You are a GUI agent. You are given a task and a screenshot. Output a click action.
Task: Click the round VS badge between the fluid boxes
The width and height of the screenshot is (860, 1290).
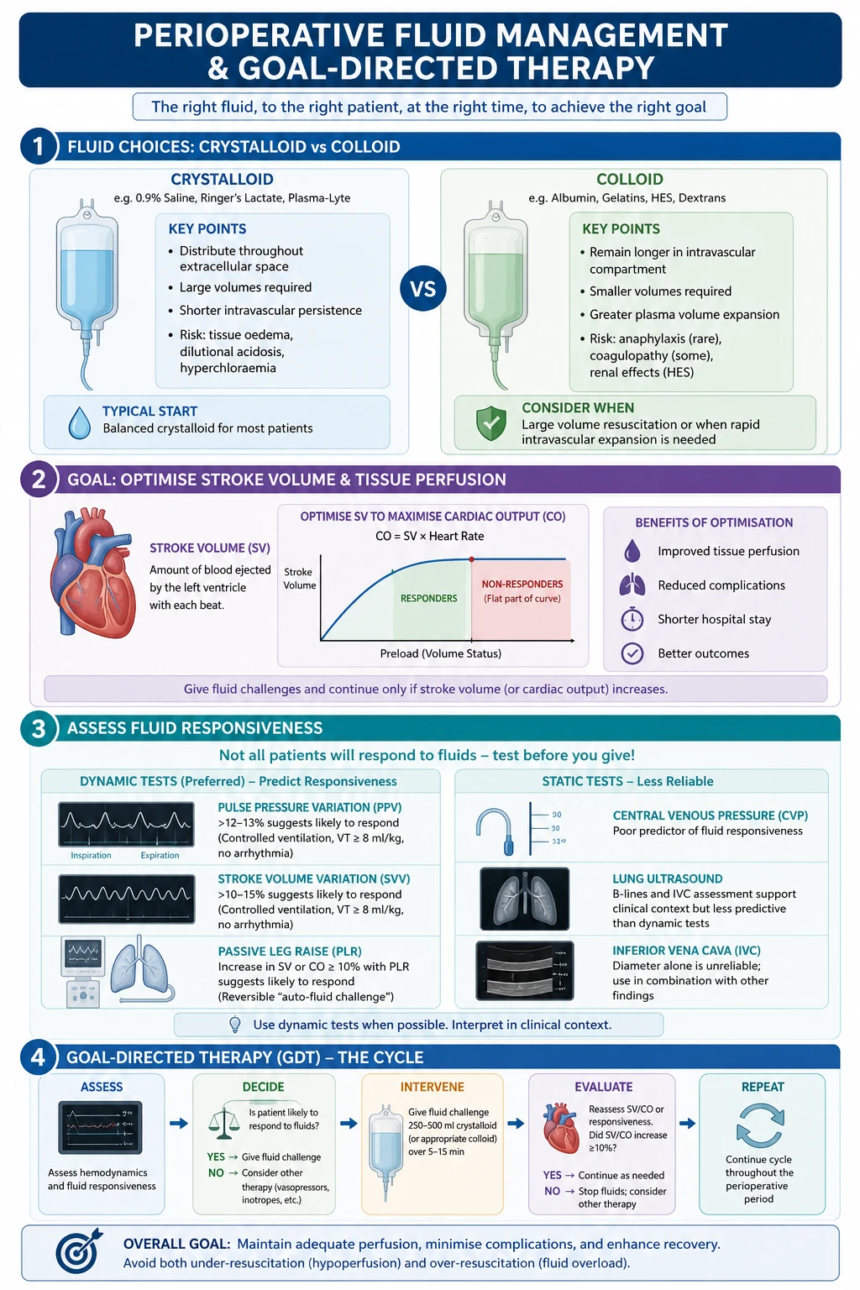422,288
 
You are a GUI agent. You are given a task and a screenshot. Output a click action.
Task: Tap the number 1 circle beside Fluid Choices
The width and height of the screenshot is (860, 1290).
39,146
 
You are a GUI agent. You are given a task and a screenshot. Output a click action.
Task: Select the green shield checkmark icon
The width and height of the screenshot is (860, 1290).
490,423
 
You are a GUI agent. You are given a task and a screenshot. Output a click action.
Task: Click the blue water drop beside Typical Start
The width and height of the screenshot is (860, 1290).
80,423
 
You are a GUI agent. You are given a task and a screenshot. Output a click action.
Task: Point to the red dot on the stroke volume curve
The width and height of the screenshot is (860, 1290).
471,559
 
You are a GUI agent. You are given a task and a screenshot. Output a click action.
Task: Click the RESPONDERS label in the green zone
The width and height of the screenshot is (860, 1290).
428,598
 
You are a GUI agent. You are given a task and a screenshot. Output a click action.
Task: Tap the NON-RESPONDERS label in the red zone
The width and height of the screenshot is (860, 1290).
522,584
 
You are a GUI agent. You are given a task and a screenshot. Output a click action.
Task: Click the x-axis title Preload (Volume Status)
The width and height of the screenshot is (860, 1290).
441,653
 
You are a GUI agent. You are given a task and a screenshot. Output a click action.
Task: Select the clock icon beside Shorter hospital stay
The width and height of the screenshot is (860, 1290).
632,619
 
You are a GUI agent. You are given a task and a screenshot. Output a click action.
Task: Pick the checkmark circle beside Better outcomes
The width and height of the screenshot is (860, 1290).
632,653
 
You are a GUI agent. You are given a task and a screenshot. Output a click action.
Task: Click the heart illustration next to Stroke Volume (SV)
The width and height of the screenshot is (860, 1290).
93,572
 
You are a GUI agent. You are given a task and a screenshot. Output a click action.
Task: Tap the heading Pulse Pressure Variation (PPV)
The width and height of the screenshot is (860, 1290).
309,807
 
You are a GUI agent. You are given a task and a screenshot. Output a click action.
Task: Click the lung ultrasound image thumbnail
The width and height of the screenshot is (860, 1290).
524,899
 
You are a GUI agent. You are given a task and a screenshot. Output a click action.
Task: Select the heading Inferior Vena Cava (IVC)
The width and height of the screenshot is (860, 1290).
686,950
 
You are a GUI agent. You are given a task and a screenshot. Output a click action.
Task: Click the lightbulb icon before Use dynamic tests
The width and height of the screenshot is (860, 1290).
235,1025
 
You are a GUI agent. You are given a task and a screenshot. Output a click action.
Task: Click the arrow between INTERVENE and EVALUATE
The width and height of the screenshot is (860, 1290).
516,1123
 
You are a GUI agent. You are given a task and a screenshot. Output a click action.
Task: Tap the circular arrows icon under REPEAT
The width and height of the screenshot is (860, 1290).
760,1125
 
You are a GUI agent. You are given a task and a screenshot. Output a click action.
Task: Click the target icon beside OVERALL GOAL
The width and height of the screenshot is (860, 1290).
79,1251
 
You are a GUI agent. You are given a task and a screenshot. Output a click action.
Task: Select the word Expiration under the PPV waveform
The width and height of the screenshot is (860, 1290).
160,855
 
